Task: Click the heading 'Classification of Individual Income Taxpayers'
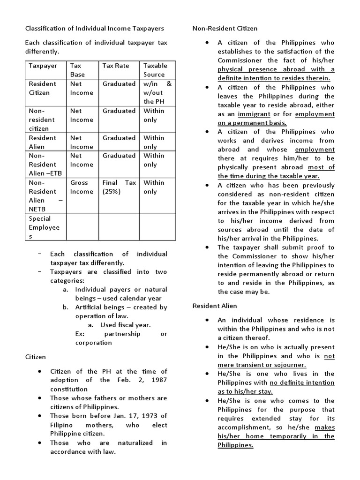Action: (x=94, y=29)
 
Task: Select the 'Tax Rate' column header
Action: (x=115, y=66)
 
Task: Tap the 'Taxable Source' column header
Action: (x=155, y=70)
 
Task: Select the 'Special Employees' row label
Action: (x=44, y=227)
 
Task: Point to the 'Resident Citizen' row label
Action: (x=42, y=88)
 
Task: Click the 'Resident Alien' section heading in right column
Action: (x=215, y=306)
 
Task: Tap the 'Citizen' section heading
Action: (x=35, y=357)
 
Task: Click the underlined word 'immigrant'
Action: (x=254, y=114)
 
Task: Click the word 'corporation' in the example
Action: (x=94, y=343)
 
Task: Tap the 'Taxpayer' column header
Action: (x=43, y=66)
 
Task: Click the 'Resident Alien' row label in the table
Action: (x=42, y=142)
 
